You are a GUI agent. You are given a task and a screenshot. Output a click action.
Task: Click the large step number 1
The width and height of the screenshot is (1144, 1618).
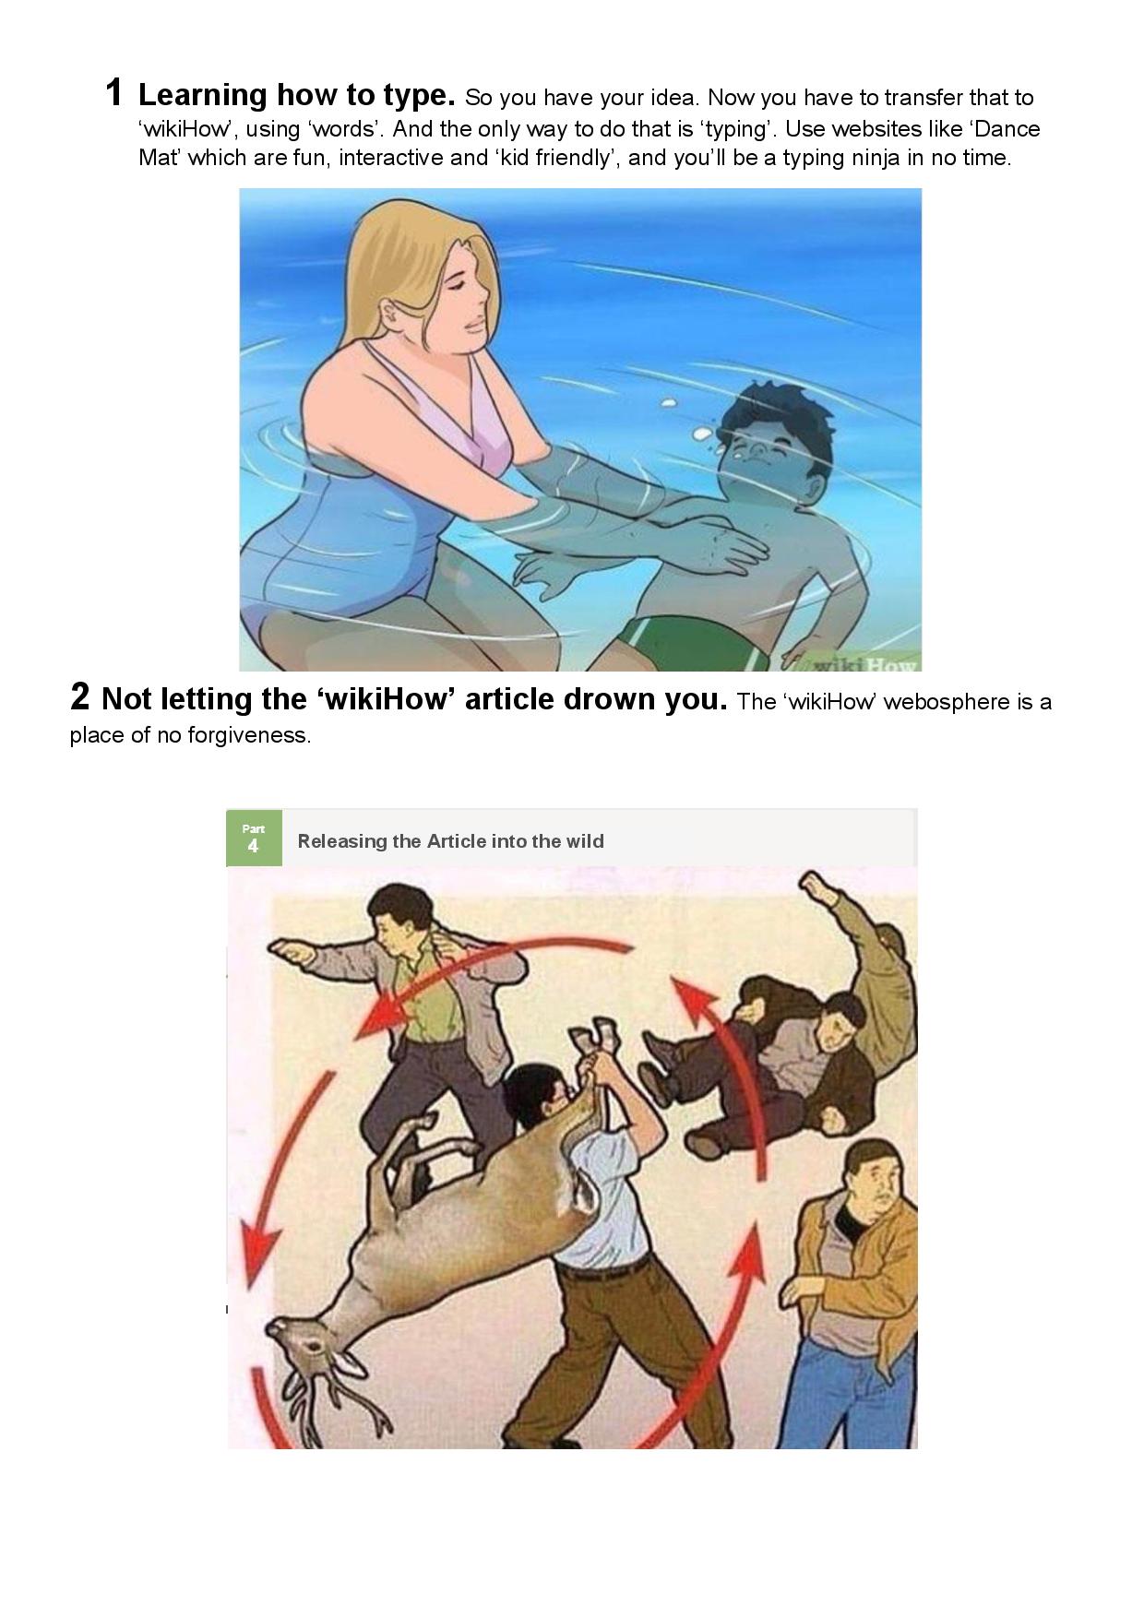tap(114, 92)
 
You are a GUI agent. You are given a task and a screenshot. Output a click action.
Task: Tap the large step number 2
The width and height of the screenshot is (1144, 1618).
tap(80, 696)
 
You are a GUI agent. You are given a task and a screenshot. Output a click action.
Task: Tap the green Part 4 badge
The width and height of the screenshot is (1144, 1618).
tap(254, 838)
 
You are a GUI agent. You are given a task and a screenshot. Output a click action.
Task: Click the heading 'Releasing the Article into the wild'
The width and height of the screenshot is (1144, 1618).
tap(451, 841)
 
